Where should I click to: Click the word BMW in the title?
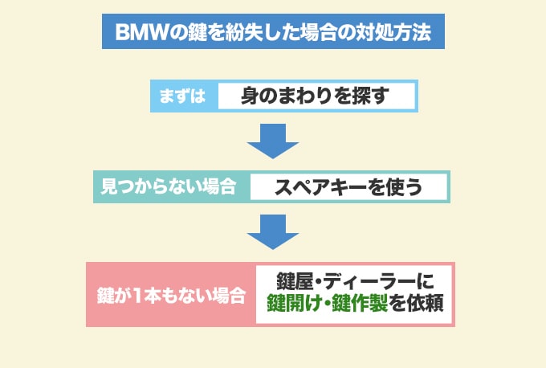[141, 33]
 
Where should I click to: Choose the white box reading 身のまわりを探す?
[315, 96]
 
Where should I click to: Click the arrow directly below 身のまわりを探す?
[272, 141]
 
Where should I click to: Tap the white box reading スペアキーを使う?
[347, 186]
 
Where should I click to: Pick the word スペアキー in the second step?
[319, 186]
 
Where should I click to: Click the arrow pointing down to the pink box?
[272, 231]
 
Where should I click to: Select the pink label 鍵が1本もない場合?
[170, 295]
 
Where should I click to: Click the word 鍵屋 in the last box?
[294, 281]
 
